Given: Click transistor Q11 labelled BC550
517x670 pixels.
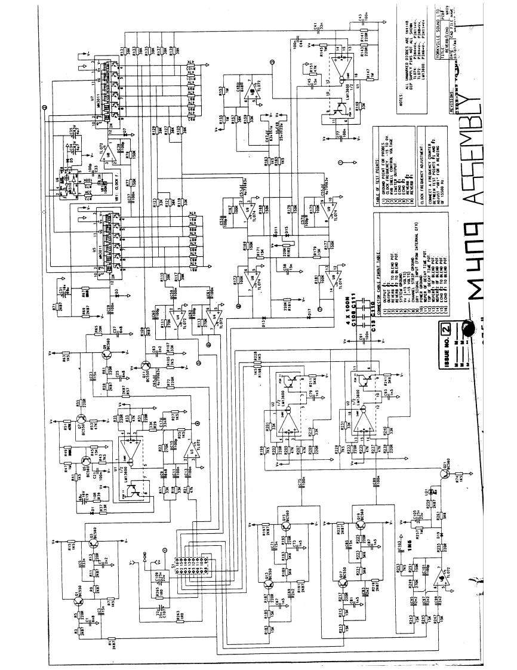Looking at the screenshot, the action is tap(146, 365).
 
